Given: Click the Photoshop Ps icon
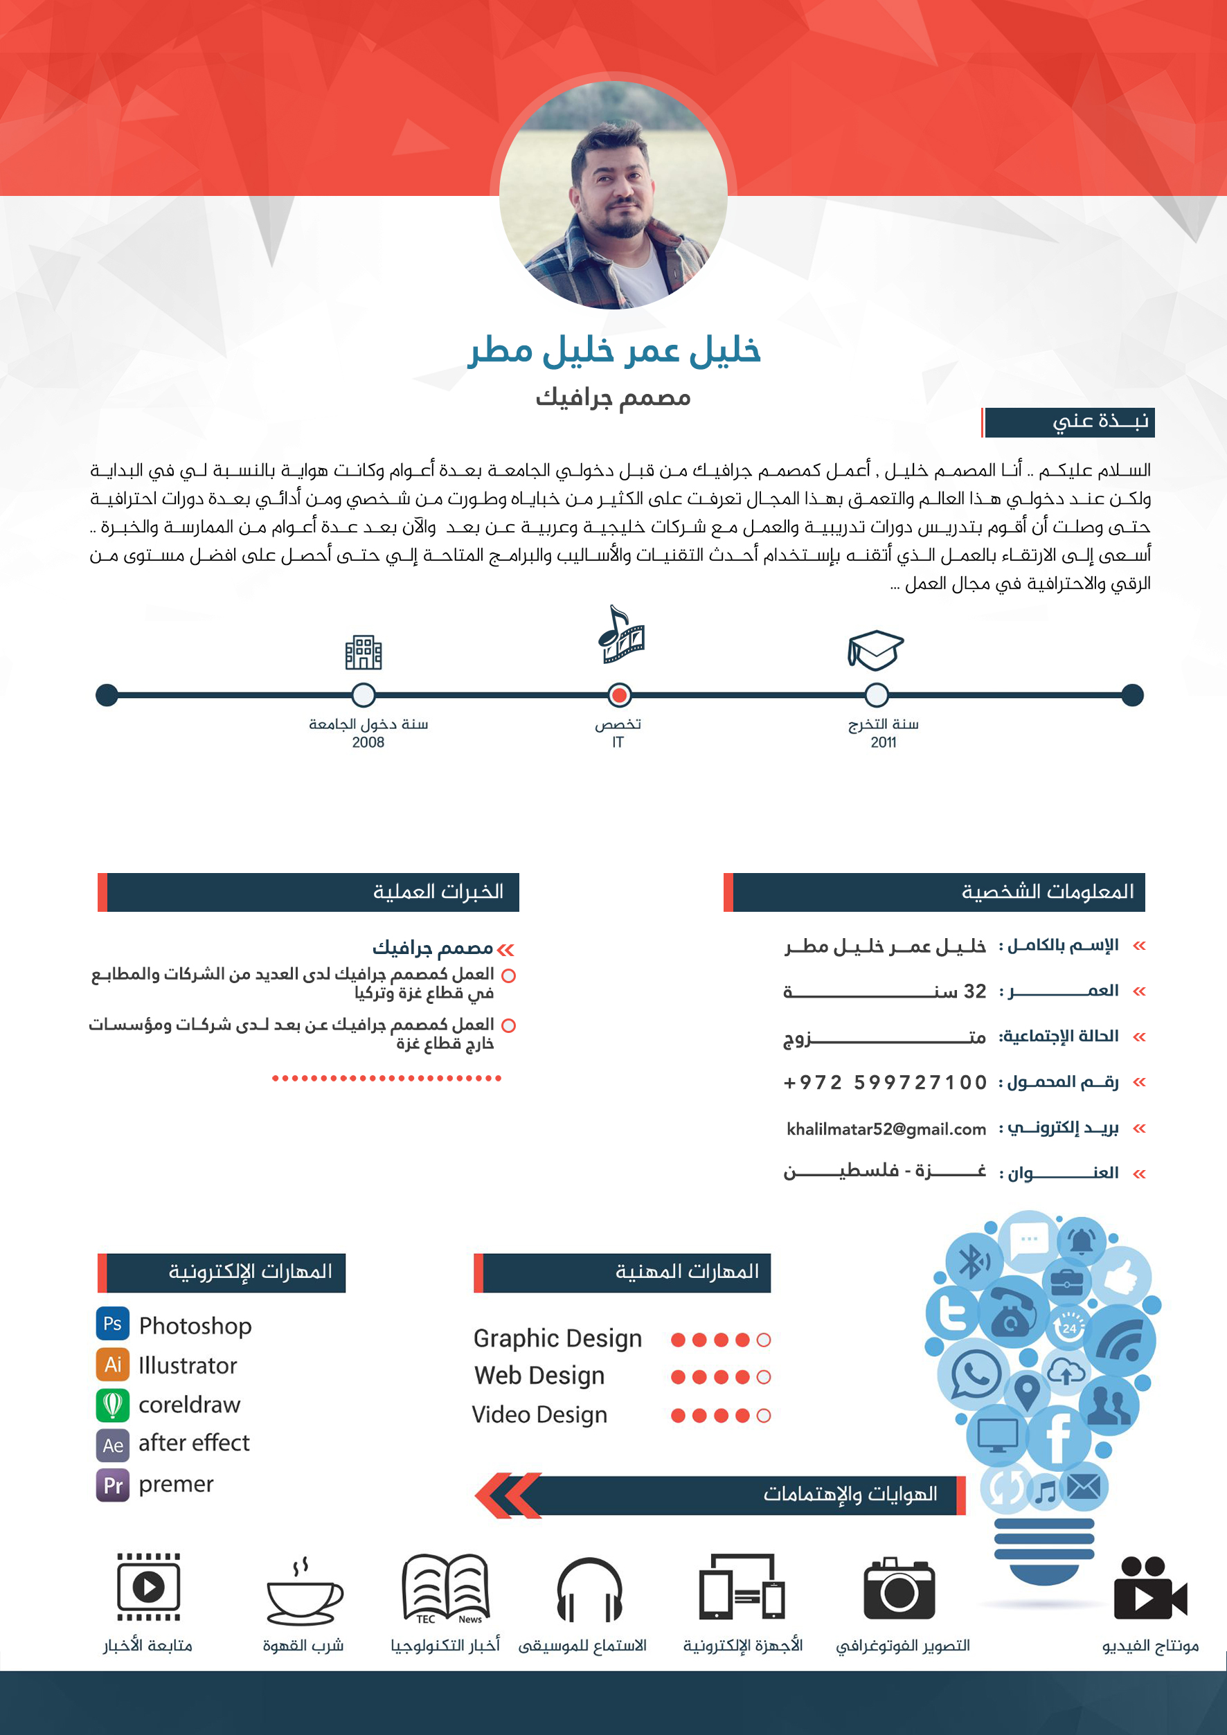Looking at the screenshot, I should click(113, 1323).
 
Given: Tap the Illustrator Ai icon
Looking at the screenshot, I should click(113, 1364).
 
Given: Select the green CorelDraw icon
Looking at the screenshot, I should click(113, 1405).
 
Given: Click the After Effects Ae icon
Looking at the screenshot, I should click(113, 1445).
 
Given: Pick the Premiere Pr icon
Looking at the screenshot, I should click(113, 1485).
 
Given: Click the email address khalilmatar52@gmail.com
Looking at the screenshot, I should click(886, 1129).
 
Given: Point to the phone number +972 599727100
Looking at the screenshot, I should click(885, 1083).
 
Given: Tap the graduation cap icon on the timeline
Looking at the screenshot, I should click(875, 650).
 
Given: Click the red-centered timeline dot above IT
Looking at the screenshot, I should click(620, 694).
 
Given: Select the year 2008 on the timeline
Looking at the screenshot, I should click(368, 743).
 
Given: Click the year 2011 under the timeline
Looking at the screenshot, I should click(884, 743).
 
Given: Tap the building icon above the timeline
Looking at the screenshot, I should click(364, 652).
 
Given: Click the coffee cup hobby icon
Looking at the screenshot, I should click(304, 1592).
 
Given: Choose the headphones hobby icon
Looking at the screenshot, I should click(589, 1589).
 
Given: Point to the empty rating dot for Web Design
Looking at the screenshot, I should click(764, 1377).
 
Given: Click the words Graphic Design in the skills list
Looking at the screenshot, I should click(557, 1338).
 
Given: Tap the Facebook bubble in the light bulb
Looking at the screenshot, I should click(1058, 1437).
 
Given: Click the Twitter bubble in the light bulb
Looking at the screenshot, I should click(952, 1313).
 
